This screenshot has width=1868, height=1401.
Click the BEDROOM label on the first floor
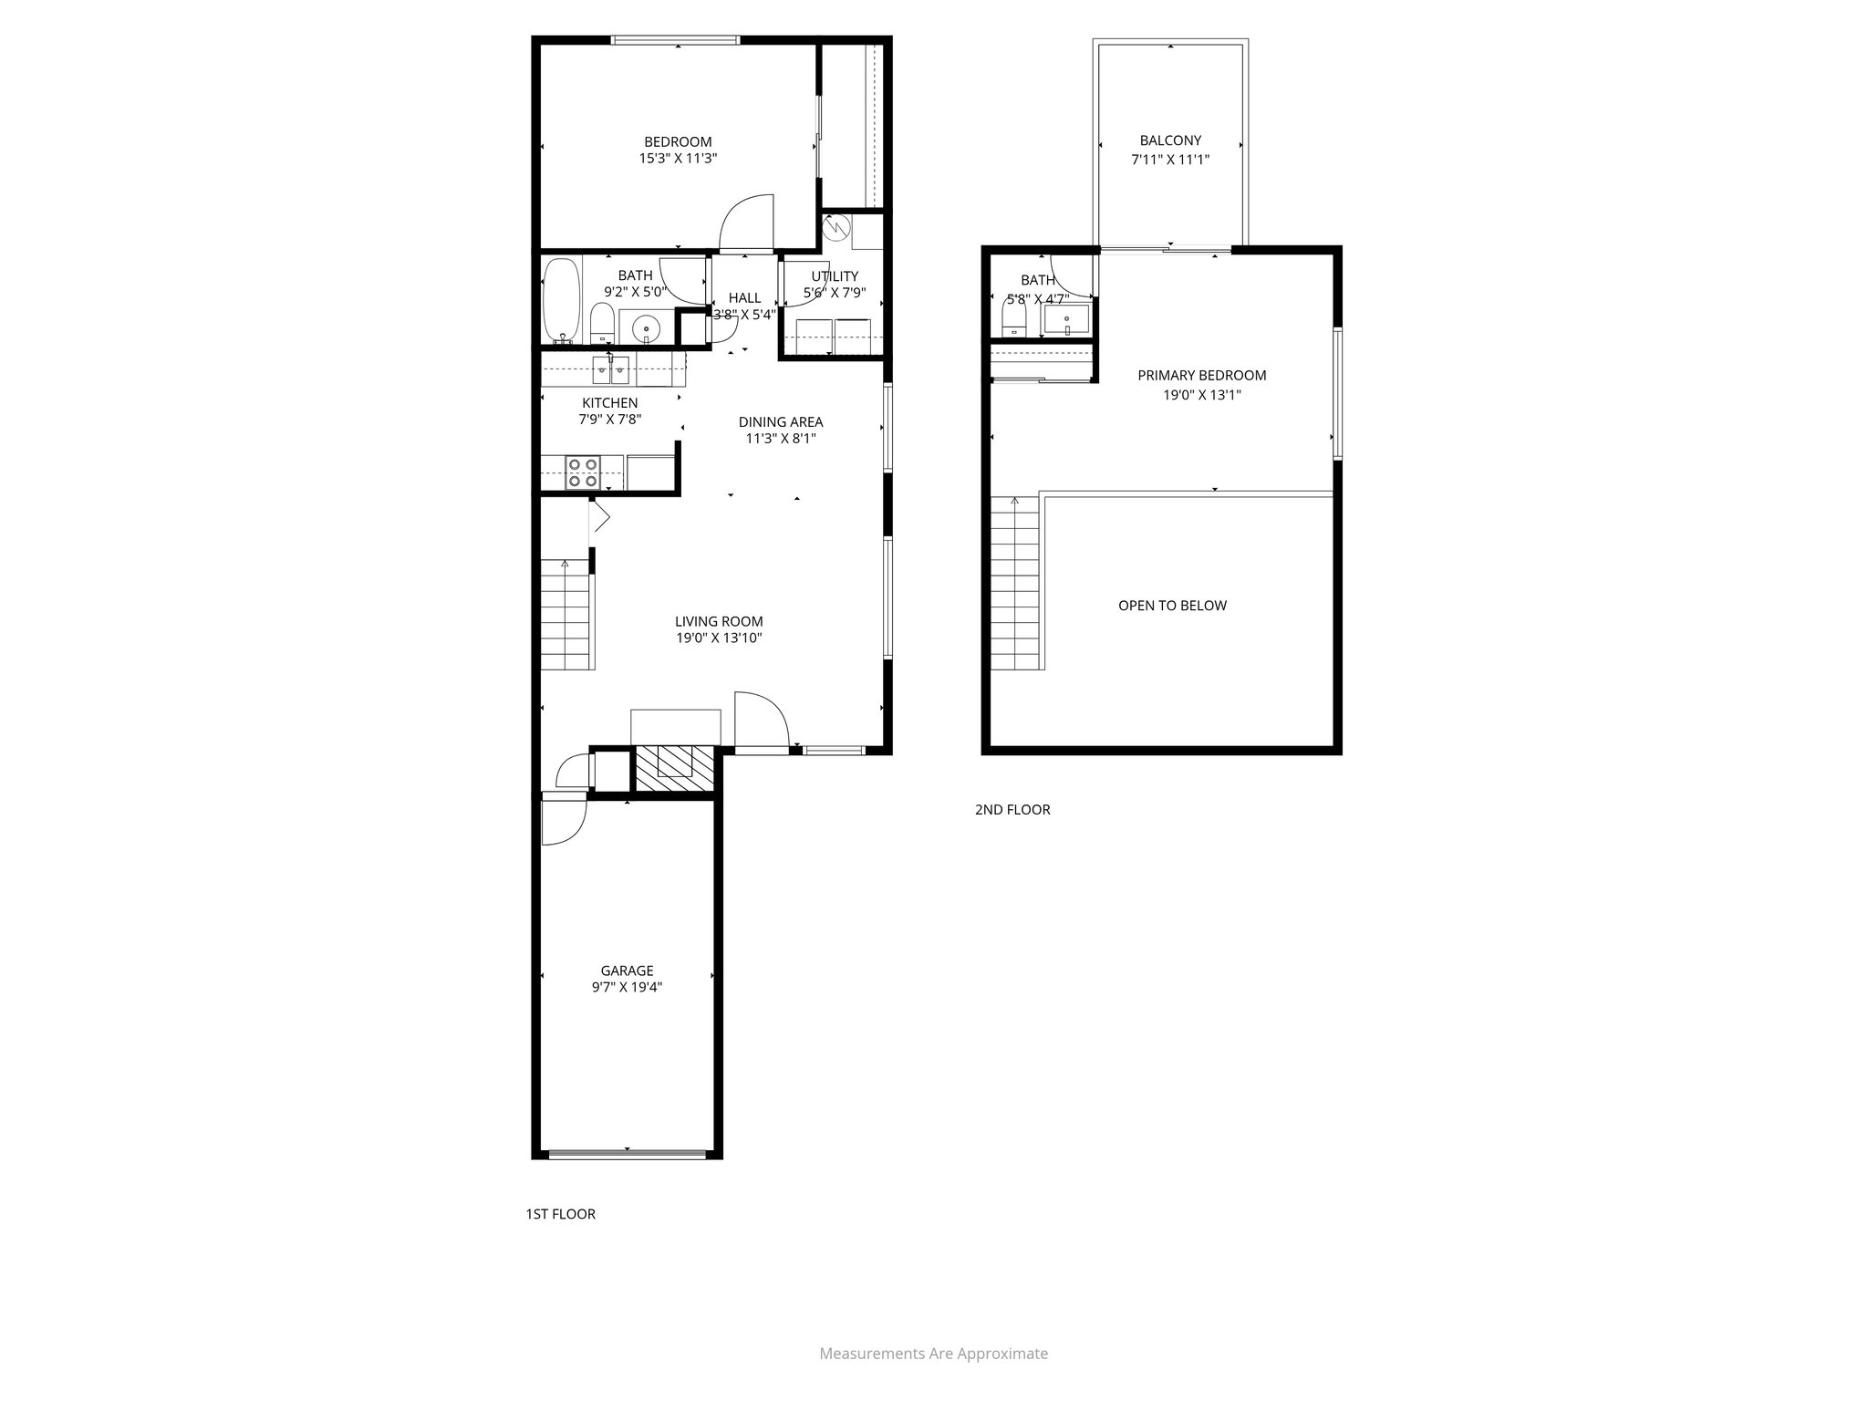(678, 141)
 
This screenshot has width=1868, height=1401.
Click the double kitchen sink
(611, 369)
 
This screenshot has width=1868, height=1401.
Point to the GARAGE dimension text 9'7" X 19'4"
(627, 986)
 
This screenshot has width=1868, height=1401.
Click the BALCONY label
(1170, 140)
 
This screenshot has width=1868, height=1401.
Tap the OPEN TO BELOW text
(1172, 606)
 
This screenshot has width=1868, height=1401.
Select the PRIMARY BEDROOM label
(1201, 375)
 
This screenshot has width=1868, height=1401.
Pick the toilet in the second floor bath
(1014, 317)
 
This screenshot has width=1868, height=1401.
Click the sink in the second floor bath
(1066, 319)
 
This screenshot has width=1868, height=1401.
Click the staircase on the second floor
(1015, 584)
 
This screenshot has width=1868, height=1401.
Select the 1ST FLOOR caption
(560, 1214)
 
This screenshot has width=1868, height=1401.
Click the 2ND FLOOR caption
(1012, 809)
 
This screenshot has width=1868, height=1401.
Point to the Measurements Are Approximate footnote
(933, 1354)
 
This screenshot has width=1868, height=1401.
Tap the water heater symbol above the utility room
(835, 227)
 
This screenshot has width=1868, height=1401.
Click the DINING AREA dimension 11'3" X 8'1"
(780, 439)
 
